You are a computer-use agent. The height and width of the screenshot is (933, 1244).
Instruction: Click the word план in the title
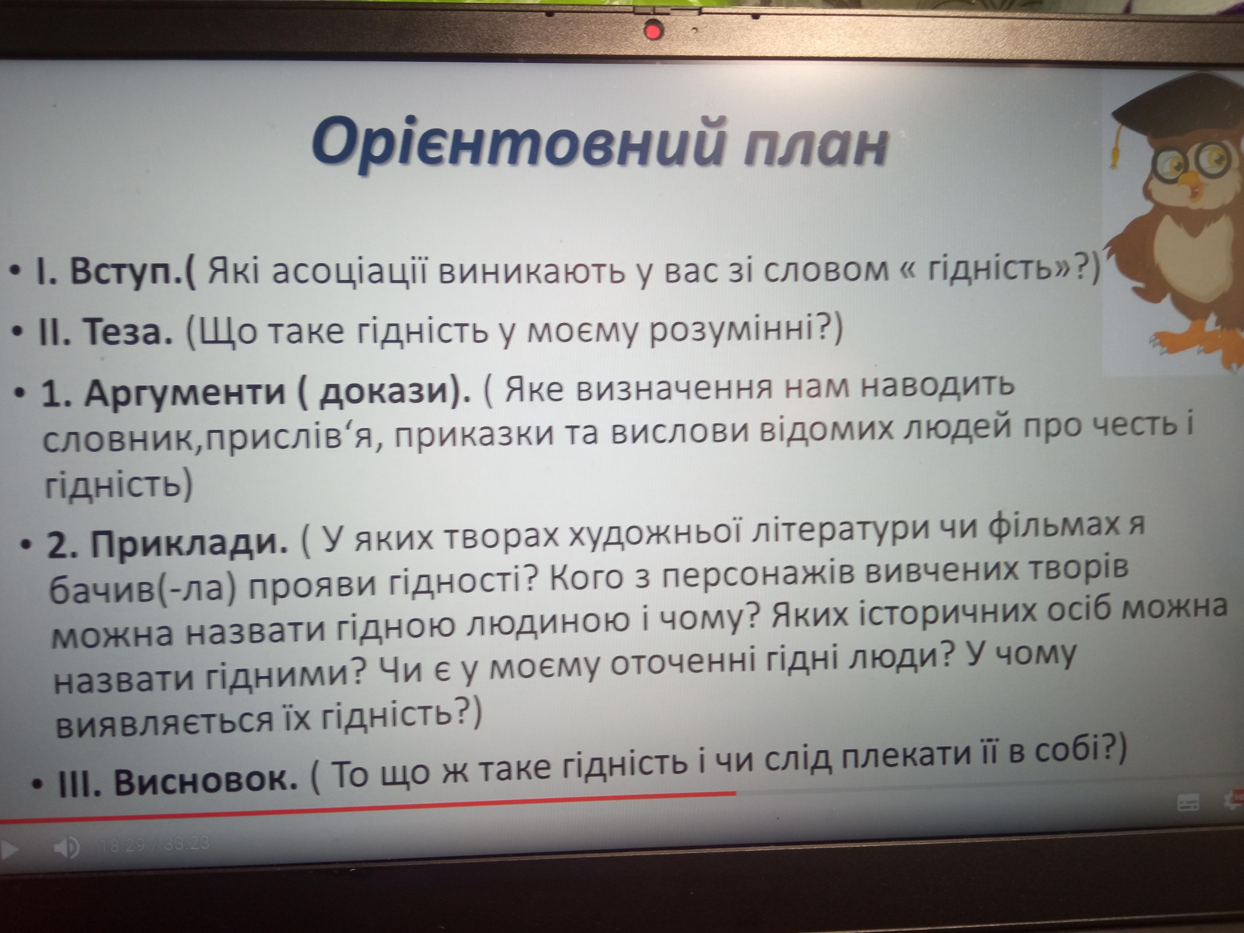(815, 146)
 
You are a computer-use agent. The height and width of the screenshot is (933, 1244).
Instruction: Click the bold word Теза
(128, 332)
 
